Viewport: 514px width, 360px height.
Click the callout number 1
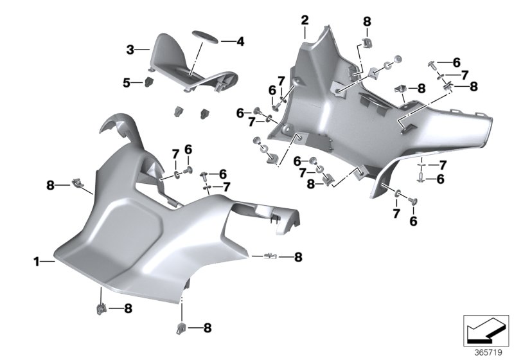coord(36,262)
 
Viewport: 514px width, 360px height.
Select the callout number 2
coord(305,20)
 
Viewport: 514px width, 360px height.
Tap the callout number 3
coord(130,49)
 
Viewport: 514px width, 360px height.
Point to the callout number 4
coord(240,42)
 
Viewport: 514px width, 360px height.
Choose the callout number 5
coord(127,82)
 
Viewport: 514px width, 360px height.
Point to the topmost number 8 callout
coord(367,21)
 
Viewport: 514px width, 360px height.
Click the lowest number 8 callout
coord(208,328)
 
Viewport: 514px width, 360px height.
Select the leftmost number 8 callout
coord(50,186)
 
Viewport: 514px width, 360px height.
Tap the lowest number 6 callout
coord(413,221)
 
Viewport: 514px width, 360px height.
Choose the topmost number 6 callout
coord(456,62)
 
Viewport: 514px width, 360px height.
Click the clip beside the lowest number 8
coord(182,329)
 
